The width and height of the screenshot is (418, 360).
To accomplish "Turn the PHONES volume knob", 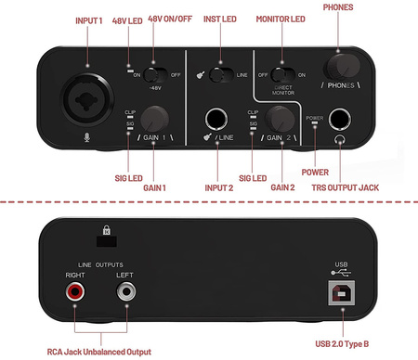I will click(x=344, y=67).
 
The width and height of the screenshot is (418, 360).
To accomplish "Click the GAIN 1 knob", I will click(x=156, y=118).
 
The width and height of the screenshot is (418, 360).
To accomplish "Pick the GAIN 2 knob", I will click(x=280, y=119).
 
